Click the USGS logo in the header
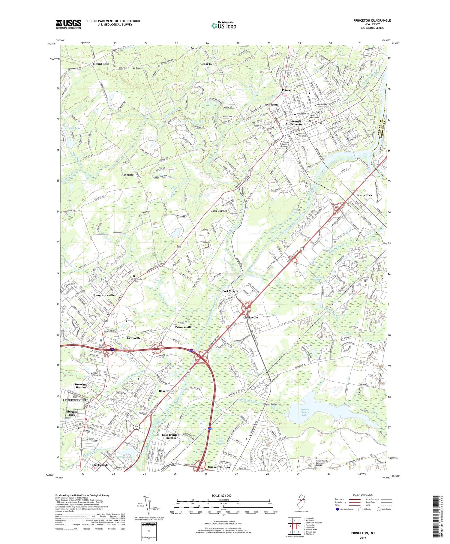(x=68, y=24)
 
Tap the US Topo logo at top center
(x=223, y=26)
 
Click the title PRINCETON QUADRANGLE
(x=372, y=20)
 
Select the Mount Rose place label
(x=101, y=64)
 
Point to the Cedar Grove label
(x=208, y=64)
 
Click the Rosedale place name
(x=127, y=175)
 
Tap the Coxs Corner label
(x=219, y=211)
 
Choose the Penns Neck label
(x=364, y=195)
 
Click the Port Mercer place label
(x=230, y=291)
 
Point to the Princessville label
(x=184, y=327)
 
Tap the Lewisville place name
(x=133, y=338)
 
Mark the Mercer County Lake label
(x=304, y=412)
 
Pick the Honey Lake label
(x=73, y=128)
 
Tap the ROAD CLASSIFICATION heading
(x=363, y=495)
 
